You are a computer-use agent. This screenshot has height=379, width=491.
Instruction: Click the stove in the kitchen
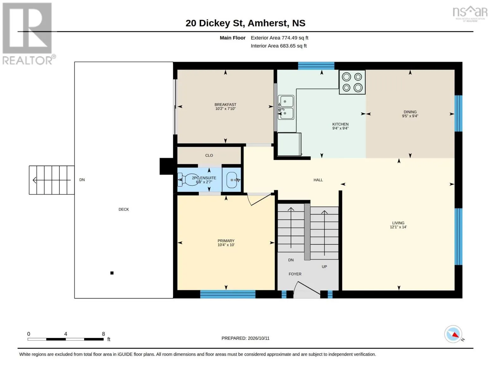tap(352, 82)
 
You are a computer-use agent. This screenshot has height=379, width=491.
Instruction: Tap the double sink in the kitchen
tap(286, 107)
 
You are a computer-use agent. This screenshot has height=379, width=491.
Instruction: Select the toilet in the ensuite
tap(188, 180)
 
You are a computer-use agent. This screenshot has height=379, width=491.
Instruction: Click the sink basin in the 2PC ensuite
tap(232, 180)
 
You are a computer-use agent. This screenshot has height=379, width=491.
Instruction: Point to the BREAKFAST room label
tap(225, 105)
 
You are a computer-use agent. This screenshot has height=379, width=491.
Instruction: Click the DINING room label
tap(410, 112)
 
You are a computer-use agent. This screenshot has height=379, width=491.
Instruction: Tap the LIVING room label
tap(398, 223)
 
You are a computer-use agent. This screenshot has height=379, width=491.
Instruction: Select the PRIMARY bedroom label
tap(226, 241)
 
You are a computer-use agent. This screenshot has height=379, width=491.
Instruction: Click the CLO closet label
tap(209, 155)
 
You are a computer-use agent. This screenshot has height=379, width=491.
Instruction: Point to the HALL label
tap(318, 180)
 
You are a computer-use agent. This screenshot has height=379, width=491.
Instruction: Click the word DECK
tap(124, 209)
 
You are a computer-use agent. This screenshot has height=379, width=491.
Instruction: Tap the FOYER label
tap(295, 274)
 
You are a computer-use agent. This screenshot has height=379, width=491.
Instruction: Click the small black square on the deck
tap(112, 273)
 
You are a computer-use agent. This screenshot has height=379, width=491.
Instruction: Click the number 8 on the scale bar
tap(103, 334)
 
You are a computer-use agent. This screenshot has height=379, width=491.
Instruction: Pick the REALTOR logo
tap(28, 34)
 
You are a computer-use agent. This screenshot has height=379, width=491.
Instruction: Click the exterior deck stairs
tap(52, 180)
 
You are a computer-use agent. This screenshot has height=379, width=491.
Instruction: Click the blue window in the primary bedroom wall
tap(228, 294)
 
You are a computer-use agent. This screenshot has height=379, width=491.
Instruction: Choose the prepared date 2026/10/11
tap(259, 338)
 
